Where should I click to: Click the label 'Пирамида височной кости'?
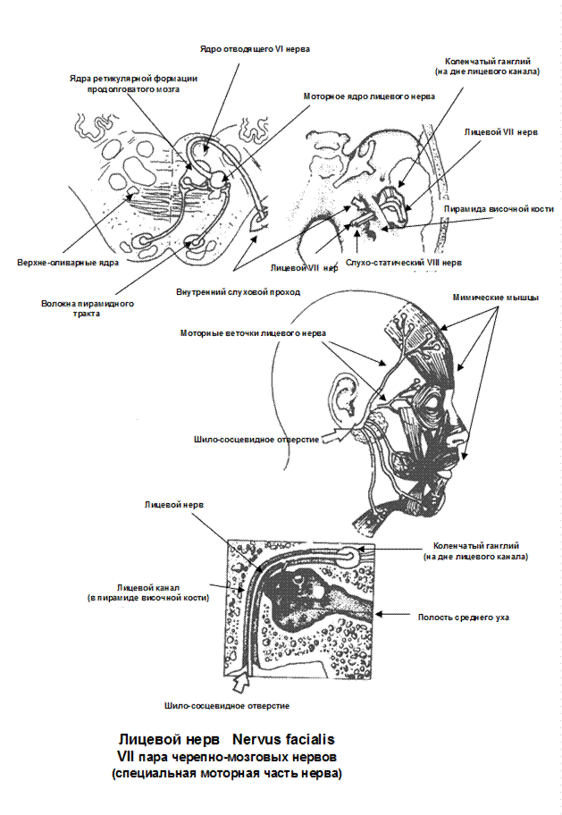[499, 209]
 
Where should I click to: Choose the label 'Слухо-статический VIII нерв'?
[405, 264]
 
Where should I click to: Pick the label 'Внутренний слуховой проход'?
[238, 291]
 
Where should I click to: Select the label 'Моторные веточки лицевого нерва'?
[253, 332]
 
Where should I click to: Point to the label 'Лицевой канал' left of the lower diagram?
[147, 592]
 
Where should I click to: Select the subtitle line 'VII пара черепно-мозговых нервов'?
[227, 757]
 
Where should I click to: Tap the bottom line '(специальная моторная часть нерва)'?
[226, 773]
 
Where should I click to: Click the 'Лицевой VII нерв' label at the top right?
[500, 131]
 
